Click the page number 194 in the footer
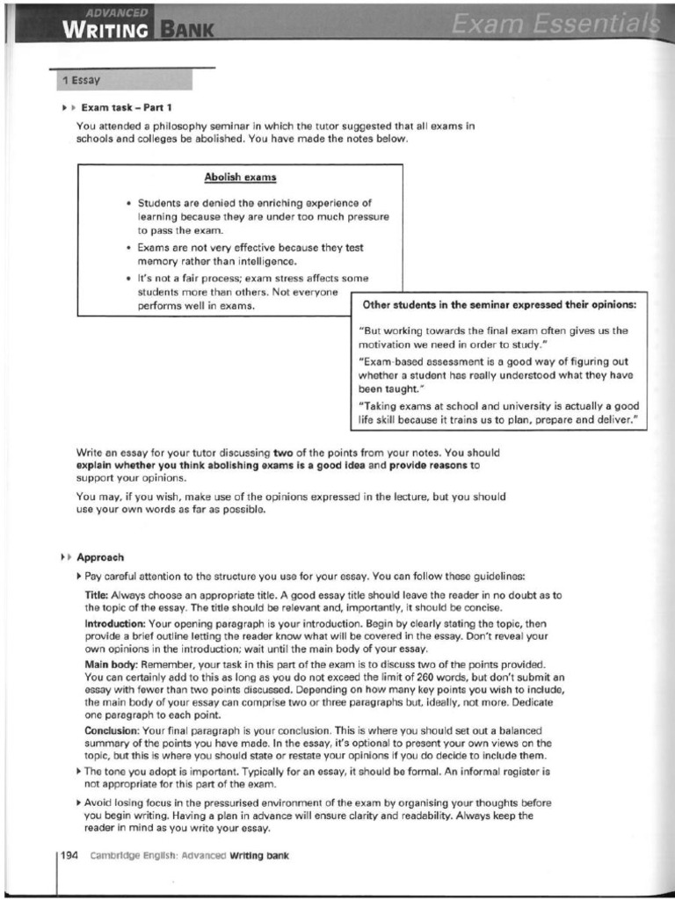(x=72, y=855)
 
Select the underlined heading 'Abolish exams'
(x=240, y=177)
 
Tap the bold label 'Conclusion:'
(x=113, y=730)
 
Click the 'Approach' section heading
(x=100, y=557)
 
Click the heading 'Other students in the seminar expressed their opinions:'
(x=499, y=305)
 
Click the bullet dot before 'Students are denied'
(x=128, y=202)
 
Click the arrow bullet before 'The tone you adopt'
(x=80, y=771)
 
